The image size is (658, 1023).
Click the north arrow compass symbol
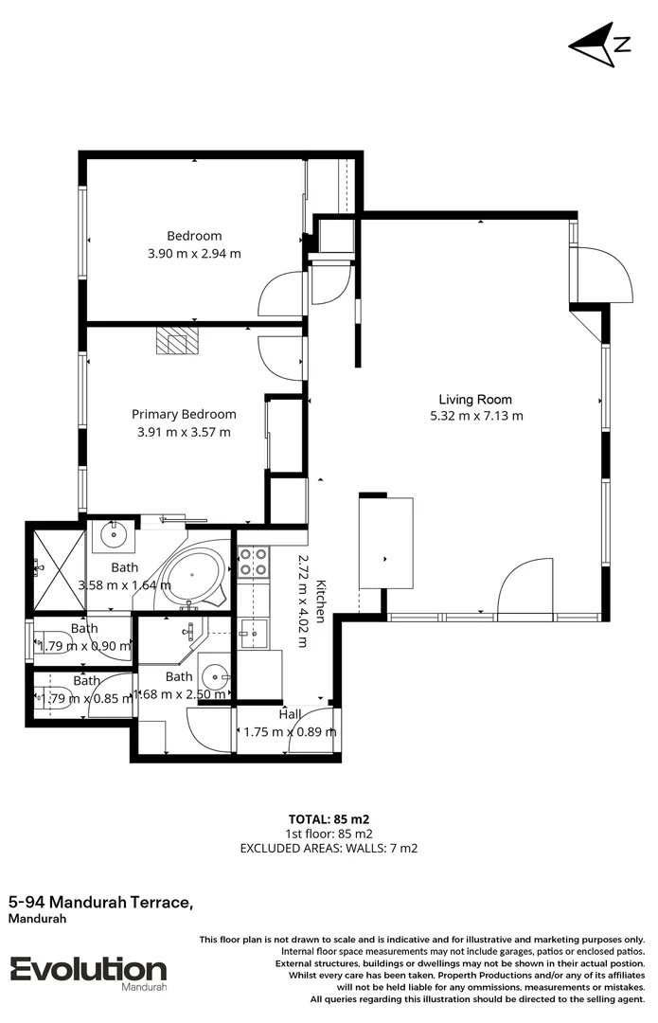(599, 44)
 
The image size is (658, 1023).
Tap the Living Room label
(475, 399)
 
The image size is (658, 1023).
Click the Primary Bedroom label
(184, 414)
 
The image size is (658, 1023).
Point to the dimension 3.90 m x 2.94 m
(194, 253)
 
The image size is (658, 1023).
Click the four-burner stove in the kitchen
(254, 563)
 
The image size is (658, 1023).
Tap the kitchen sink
(252, 629)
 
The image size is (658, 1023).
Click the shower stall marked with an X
(55, 567)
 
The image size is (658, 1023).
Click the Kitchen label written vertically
(321, 601)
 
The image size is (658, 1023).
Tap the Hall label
(290, 714)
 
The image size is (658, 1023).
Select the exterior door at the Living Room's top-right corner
(603, 275)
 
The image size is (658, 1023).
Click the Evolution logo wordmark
(88, 968)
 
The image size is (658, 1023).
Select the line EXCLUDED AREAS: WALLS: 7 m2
(329, 848)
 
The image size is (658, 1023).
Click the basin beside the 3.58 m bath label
(114, 535)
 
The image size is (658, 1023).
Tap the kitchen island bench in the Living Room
(386, 542)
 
